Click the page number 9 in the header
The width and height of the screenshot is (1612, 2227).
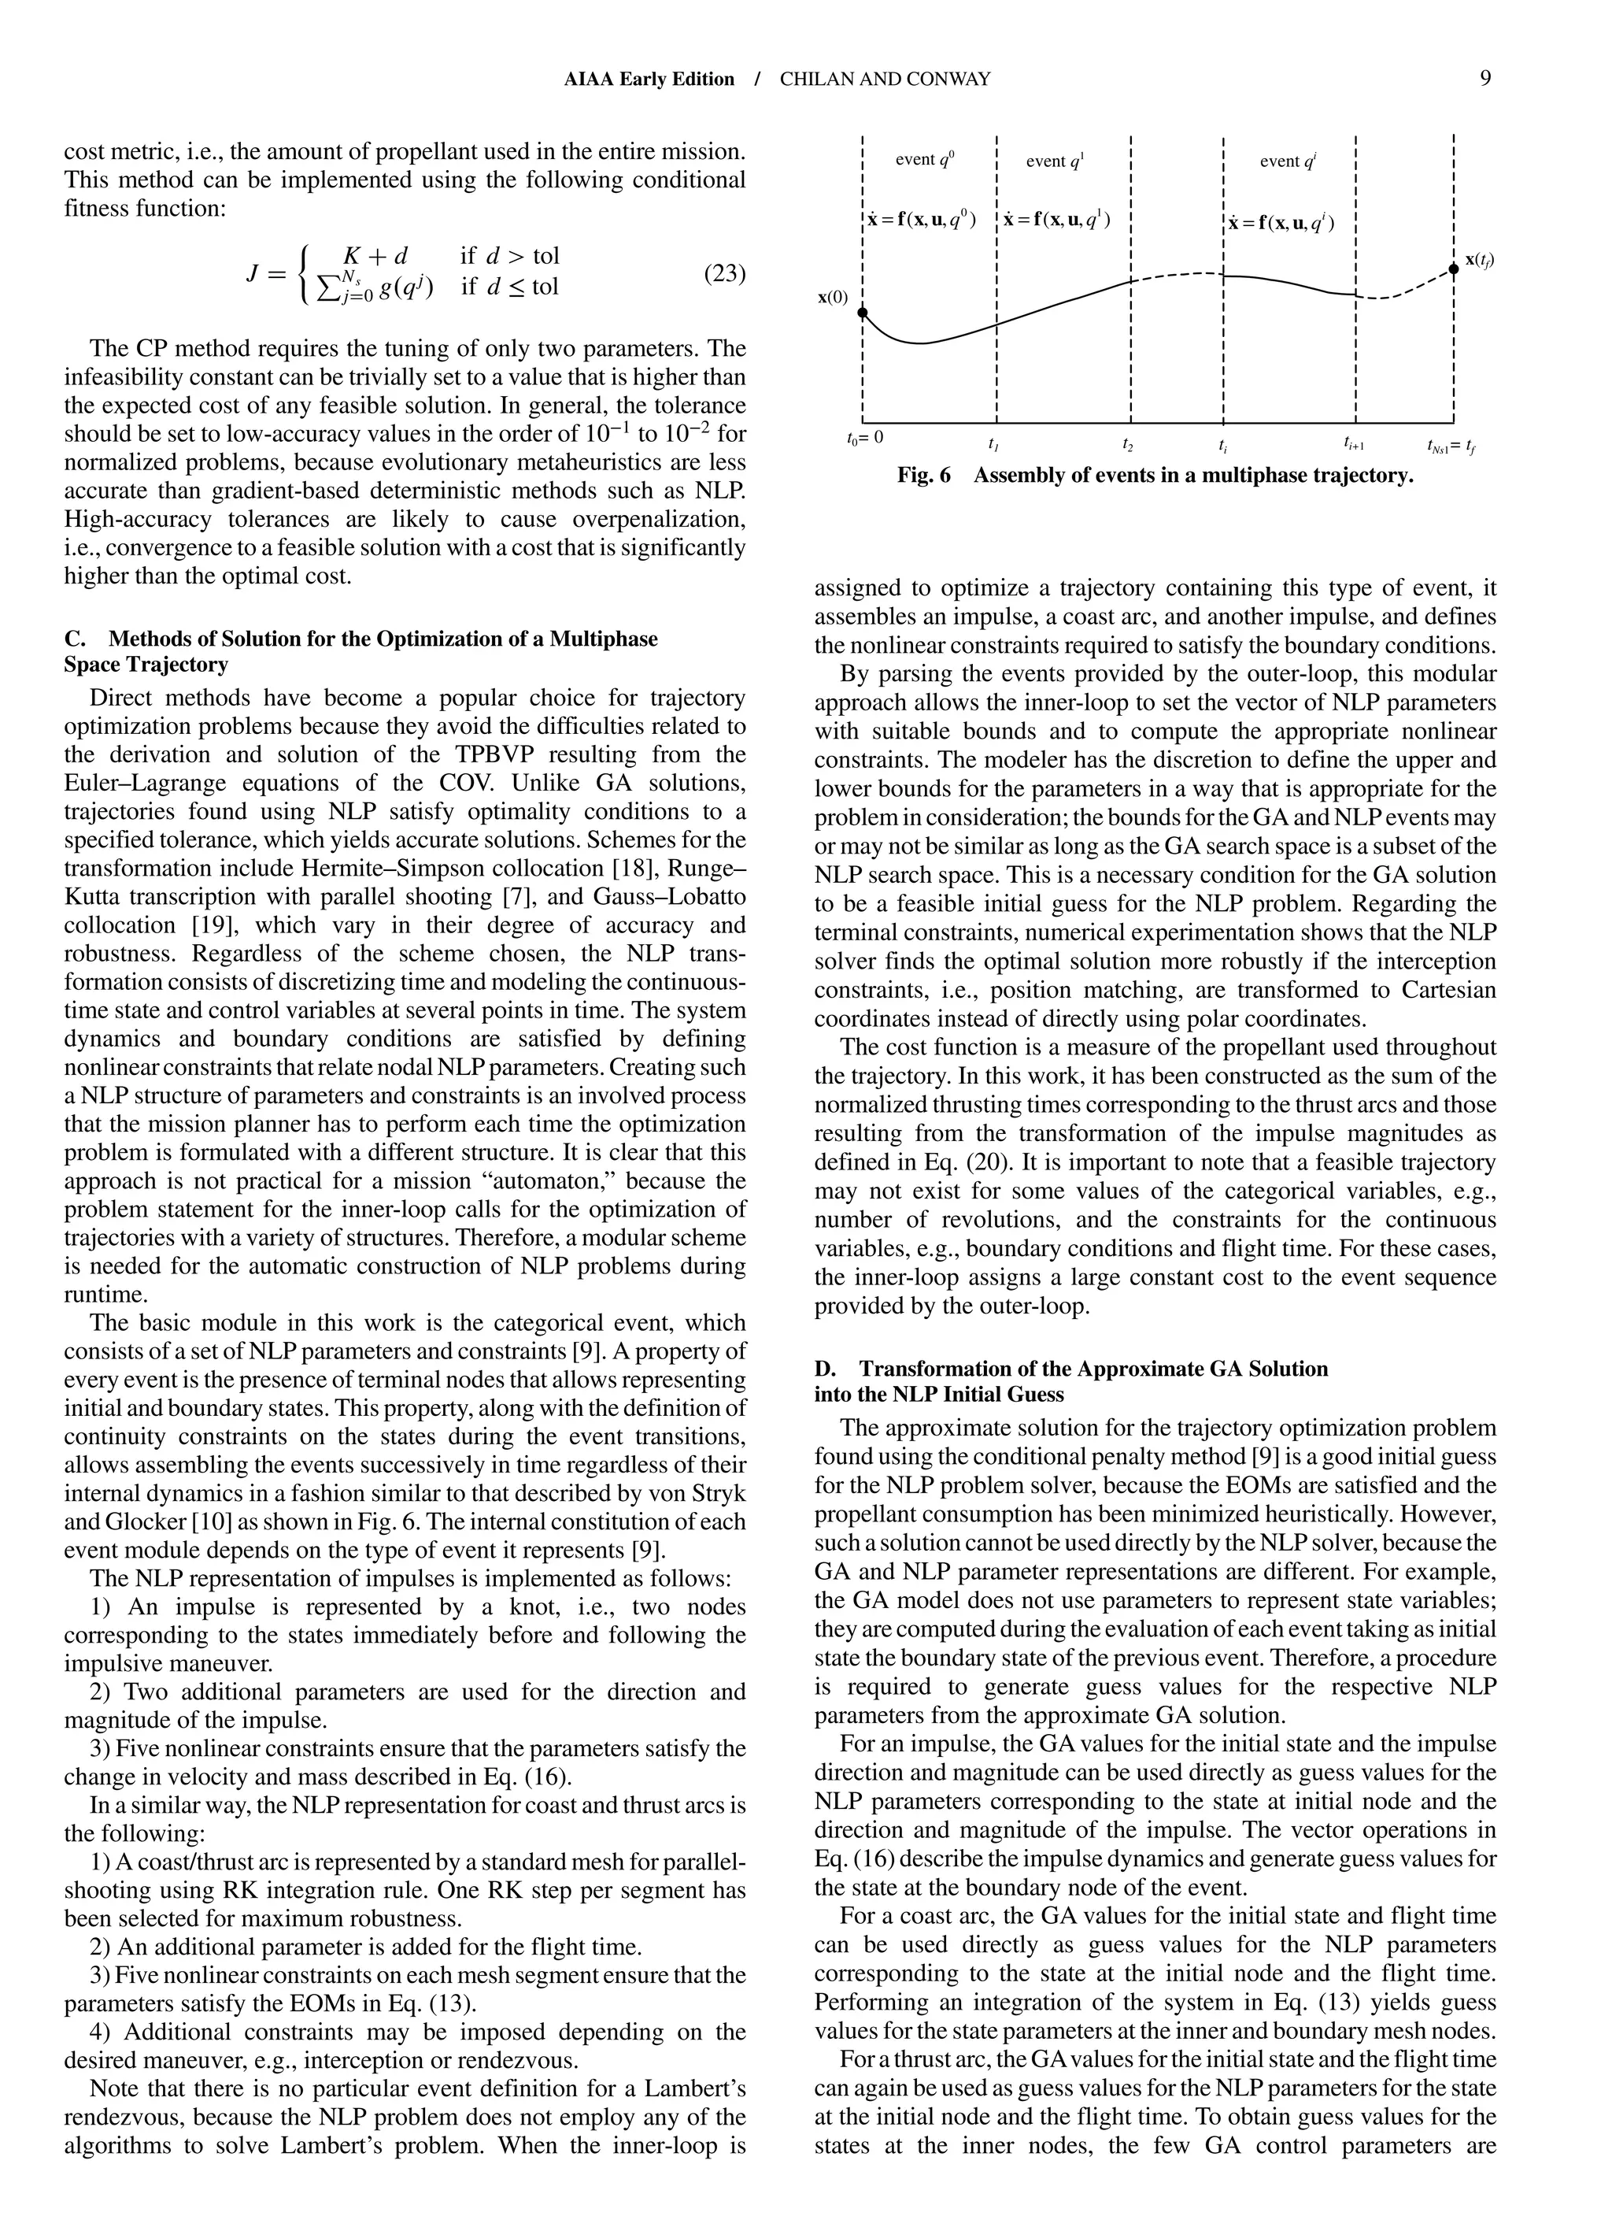click(1485, 79)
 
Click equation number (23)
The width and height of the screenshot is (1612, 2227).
click(724, 273)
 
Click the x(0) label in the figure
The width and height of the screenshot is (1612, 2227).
click(833, 298)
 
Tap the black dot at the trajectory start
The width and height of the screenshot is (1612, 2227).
click(862, 313)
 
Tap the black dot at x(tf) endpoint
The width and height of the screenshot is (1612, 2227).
click(1453, 267)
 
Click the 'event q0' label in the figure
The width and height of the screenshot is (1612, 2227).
click(925, 159)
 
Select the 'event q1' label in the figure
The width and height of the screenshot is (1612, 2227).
click(1056, 160)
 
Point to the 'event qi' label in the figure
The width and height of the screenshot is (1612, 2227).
click(1287, 160)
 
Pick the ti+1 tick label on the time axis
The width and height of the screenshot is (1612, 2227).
click(1354, 444)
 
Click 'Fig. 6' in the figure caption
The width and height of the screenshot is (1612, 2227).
click(924, 476)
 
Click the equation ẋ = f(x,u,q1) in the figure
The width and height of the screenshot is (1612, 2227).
click(1056, 219)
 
